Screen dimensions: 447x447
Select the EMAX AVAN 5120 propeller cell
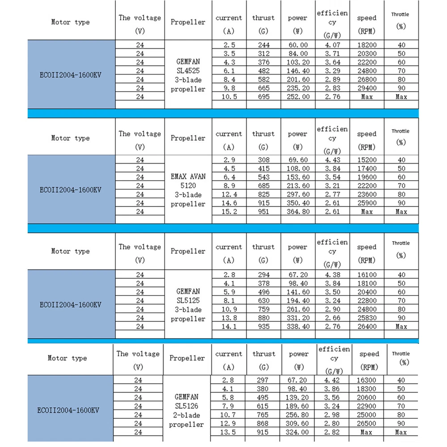click(188, 190)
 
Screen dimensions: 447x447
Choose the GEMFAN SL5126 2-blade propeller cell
click(186, 410)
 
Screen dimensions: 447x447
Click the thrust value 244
click(263, 45)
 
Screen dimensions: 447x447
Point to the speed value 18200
click(367, 45)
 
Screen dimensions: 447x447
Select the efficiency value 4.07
click(332, 45)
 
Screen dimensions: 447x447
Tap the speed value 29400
click(367, 88)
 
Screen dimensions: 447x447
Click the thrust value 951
click(263, 211)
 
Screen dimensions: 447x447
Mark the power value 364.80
click(298, 211)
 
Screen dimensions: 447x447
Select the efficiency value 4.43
click(332, 160)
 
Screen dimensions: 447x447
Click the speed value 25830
click(367, 318)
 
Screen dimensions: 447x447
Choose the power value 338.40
click(298, 326)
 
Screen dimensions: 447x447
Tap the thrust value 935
click(263, 326)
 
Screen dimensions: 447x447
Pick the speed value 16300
click(369, 380)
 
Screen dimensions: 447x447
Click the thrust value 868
click(264, 423)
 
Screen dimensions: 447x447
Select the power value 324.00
click(299, 432)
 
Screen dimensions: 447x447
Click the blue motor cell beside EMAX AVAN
click(71, 190)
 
